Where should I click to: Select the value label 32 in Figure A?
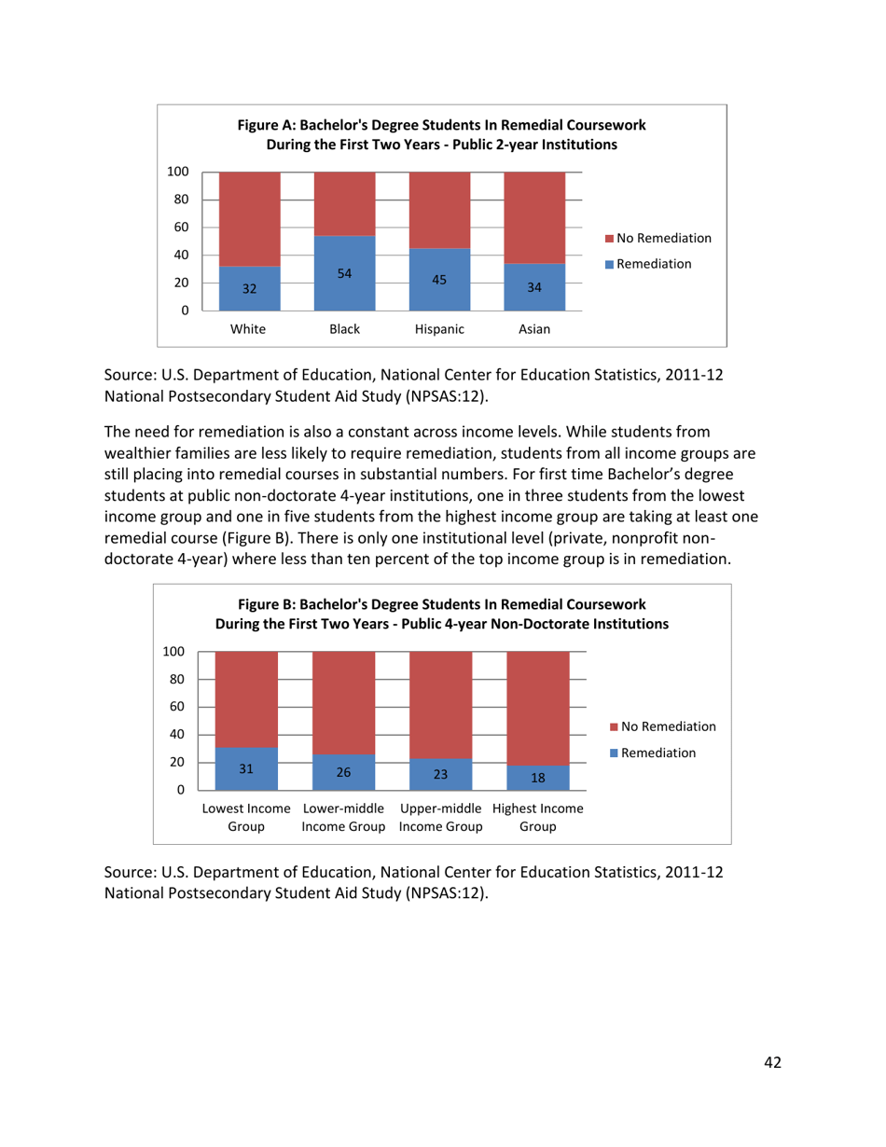249,289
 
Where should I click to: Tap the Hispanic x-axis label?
439,329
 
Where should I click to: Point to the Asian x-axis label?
534,329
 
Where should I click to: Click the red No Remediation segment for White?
249,218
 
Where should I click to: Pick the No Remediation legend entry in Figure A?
658,239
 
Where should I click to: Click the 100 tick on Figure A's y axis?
178,172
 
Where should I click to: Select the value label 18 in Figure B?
537,777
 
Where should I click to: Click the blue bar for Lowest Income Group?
246,768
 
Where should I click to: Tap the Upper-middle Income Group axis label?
440,817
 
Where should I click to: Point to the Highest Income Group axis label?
538,817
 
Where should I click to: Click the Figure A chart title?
441,134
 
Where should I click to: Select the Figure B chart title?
441,615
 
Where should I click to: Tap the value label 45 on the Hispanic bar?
439,279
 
